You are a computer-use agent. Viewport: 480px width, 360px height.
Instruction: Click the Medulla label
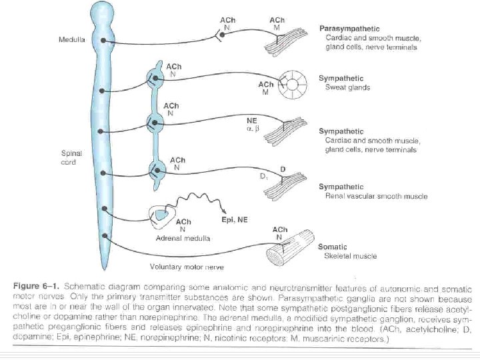coord(71,40)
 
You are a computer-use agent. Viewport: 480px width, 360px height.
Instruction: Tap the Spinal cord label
coord(71,157)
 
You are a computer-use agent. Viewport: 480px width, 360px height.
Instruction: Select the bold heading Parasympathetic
coord(349,29)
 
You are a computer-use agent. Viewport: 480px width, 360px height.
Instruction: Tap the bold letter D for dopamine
coord(283,169)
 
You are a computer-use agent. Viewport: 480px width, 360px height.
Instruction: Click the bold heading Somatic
coord(337,247)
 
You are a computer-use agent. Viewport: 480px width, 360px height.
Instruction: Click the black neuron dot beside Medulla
coord(103,41)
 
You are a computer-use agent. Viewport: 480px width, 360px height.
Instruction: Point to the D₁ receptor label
coord(263,178)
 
